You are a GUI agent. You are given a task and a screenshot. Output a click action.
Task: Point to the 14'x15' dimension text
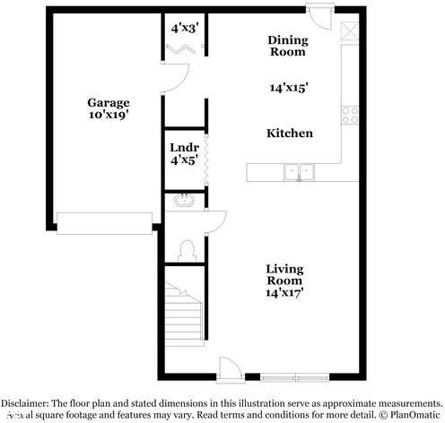tap(290, 88)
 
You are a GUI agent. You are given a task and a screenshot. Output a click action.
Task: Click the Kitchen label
tap(290, 134)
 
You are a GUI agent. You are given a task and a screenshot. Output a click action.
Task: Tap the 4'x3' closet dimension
tap(185, 28)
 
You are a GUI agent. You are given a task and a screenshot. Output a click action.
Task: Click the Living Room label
tap(284, 274)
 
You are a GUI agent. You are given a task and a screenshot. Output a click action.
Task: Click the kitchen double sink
tap(299, 171)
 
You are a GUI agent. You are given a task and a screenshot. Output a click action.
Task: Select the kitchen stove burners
tap(350, 115)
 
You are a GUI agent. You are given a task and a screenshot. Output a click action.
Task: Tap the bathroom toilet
tap(187, 248)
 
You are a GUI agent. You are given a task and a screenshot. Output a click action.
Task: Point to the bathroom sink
tap(185, 201)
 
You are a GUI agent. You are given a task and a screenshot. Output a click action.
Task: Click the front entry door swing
tap(230, 367)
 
